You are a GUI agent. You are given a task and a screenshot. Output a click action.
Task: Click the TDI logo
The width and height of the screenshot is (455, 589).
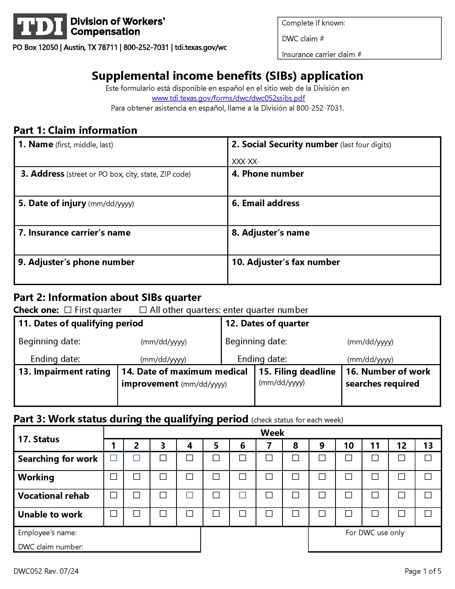point(40,26)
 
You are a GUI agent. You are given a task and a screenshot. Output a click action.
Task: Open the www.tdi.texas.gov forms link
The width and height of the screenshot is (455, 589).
point(228,98)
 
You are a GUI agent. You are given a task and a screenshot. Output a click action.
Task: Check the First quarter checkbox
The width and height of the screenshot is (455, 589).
point(68,310)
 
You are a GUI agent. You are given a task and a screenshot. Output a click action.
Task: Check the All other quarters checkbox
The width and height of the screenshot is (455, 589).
point(143,310)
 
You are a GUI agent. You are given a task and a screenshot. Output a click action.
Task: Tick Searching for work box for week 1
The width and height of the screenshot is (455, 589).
point(113,458)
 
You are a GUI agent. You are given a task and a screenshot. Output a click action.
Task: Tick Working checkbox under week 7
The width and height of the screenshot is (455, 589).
point(269,477)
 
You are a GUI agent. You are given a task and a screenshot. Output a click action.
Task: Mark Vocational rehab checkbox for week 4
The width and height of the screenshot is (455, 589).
point(189,495)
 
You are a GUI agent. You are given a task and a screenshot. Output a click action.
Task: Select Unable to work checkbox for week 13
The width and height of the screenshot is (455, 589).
point(428,514)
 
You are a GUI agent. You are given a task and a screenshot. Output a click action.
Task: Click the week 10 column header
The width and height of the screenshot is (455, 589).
point(348,445)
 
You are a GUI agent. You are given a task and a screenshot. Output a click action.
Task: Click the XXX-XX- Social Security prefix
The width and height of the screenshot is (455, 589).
point(245,161)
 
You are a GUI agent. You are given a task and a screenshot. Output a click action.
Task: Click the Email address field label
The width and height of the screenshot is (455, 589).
point(266,203)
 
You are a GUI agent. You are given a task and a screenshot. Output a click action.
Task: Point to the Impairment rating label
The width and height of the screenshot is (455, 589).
point(65,372)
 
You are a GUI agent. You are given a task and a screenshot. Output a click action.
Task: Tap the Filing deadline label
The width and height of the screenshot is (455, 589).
point(297,372)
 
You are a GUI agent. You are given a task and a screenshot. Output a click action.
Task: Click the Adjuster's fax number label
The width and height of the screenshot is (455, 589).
point(286,262)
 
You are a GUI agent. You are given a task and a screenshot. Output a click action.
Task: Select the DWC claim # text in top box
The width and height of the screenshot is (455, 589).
point(303,39)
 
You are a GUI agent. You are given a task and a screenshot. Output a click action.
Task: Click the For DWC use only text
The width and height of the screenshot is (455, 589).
point(375,533)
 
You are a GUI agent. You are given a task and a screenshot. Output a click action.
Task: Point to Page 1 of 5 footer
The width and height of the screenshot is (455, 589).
point(423,571)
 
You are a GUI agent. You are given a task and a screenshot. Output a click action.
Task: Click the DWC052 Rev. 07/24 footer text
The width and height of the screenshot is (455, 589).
point(46,571)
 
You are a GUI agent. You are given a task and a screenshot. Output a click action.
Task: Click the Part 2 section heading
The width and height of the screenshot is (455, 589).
point(107,297)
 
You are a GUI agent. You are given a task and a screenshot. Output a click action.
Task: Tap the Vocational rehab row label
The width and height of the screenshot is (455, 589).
point(53,496)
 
